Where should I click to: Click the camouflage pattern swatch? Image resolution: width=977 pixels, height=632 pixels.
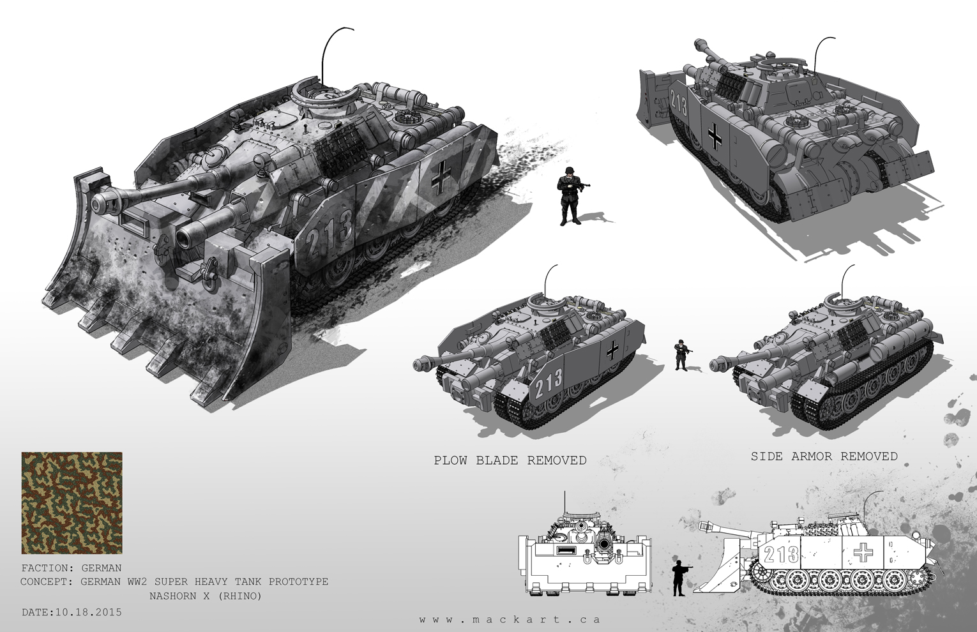pyautogui.click(x=72, y=503)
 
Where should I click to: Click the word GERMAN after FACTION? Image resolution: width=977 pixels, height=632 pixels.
pyautogui.click(x=102, y=568)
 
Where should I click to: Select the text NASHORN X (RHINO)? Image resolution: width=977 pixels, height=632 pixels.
pyautogui.click(x=205, y=596)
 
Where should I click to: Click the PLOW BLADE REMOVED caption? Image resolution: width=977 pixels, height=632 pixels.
pyautogui.click(x=510, y=460)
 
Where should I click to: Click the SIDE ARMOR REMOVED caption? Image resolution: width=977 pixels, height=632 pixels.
pyautogui.click(x=824, y=456)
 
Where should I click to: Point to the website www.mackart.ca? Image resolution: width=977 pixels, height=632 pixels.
pyautogui.click(x=509, y=619)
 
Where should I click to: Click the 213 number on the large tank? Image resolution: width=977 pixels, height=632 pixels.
pyautogui.click(x=329, y=229)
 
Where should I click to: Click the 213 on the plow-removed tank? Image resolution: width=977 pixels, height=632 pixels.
pyautogui.click(x=549, y=382)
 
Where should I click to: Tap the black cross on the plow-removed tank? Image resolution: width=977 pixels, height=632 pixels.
pyautogui.click(x=612, y=350)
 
